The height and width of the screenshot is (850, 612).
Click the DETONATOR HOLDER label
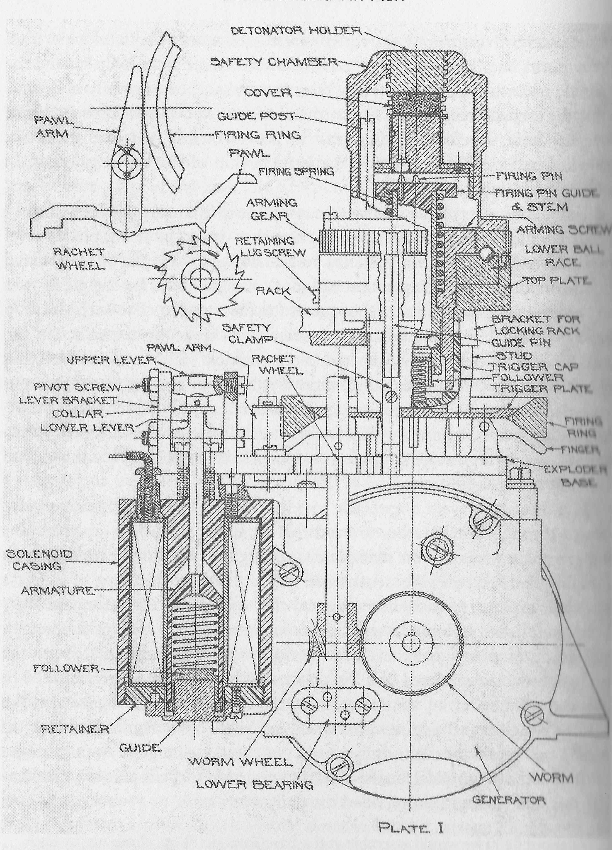point(296,31)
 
